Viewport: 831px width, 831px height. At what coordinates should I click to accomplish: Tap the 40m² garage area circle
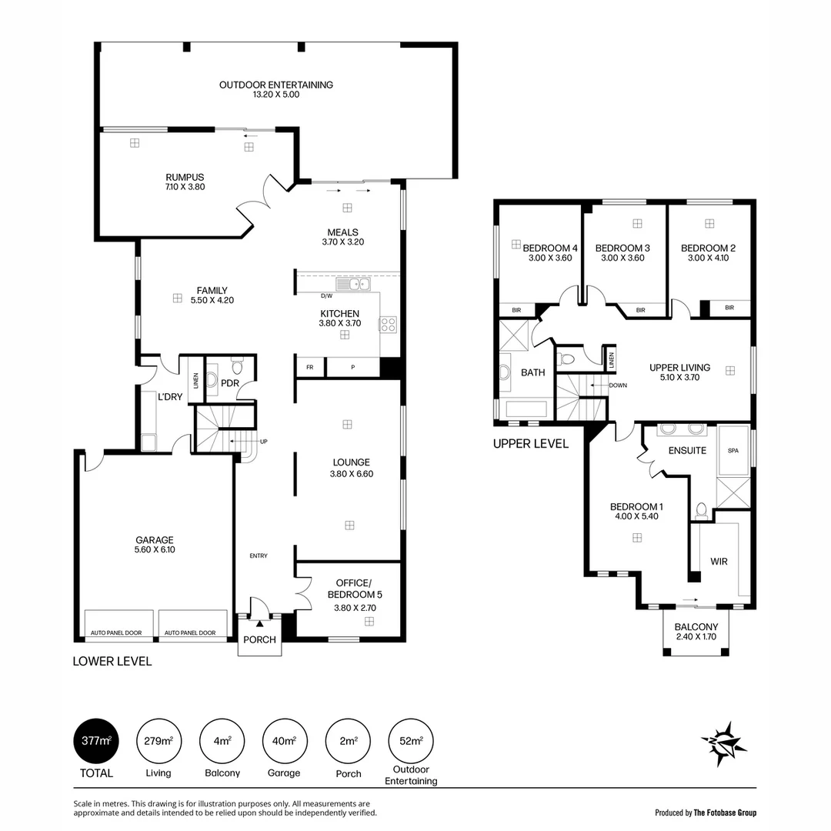[285, 741]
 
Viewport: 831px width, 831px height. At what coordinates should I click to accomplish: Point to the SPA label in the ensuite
[733, 451]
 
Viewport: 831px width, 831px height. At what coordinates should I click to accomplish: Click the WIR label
[719, 562]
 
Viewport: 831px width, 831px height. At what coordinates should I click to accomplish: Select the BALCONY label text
[696, 627]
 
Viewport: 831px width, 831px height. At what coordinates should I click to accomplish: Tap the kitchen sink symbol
[358, 285]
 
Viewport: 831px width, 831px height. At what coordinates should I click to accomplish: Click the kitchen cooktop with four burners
[388, 325]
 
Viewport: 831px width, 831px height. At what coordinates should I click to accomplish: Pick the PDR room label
[229, 382]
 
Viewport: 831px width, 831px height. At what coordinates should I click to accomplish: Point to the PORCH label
[259, 639]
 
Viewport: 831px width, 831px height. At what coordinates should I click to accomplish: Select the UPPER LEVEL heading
[530, 444]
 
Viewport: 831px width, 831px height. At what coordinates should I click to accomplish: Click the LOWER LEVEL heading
[112, 661]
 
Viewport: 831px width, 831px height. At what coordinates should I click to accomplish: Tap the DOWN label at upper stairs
[617, 385]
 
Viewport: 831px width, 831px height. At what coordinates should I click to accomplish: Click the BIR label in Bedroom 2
[729, 308]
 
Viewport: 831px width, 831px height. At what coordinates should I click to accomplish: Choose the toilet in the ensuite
[700, 509]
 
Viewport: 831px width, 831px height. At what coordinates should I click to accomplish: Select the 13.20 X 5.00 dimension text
[275, 95]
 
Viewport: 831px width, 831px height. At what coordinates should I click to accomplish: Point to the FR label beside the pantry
[309, 367]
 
